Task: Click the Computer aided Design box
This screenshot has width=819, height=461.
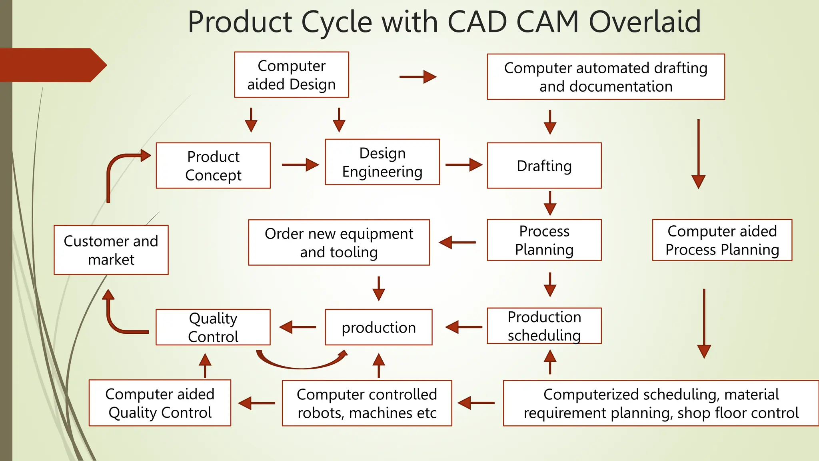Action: pyautogui.click(x=291, y=75)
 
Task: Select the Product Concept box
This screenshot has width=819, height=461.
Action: pyautogui.click(x=213, y=166)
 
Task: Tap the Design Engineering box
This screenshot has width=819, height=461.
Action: pyautogui.click(x=382, y=162)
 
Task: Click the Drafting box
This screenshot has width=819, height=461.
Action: pyautogui.click(x=544, y=166)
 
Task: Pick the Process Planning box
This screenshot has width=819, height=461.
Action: pyautogui.click(x=544, y=240)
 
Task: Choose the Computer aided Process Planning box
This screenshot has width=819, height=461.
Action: pyautogui.click(x=722, y=240)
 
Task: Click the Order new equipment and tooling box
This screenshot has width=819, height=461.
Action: pyautogui.click(x=339, y=243)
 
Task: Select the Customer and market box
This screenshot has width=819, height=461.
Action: pyautogui.click(x=111, y=250)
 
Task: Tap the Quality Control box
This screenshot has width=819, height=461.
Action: pyautogui.click(x=213, y=327)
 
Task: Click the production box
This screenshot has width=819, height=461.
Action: pyautogui.click(x=378, y=327)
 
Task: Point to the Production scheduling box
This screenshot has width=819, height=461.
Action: pyautogui.click(x=544, y=326)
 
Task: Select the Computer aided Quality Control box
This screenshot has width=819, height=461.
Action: pyautogui.click(x=160, y=403)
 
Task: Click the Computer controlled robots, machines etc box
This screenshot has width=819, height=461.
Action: pyautogui.click(x=367, y=403)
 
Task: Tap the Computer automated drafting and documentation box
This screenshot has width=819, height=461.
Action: pyautogui.click(x=605, y=77)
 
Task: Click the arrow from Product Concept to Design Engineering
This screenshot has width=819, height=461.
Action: pyautogui.click(x=300, y=164)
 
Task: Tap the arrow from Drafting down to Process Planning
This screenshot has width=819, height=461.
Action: pyautogui.click(x=550, y=203)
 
